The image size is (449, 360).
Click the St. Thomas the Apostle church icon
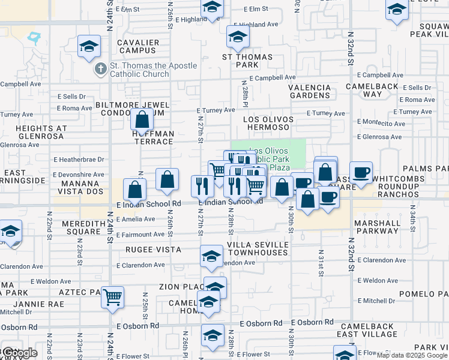point(100,70)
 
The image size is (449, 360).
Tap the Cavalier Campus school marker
point(89,47)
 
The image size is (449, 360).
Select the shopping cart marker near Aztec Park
point(113,297)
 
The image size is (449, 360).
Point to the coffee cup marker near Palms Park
point(361,173)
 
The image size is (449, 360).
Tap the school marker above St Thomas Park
point(238,38)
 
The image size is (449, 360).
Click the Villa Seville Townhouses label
point(257,249)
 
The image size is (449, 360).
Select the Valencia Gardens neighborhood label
point(310,91)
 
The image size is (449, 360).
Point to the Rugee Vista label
point(153,249)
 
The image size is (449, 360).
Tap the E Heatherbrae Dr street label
point(79,160)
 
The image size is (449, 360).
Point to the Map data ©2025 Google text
point(412,355)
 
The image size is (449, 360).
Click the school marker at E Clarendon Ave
point(211,256)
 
